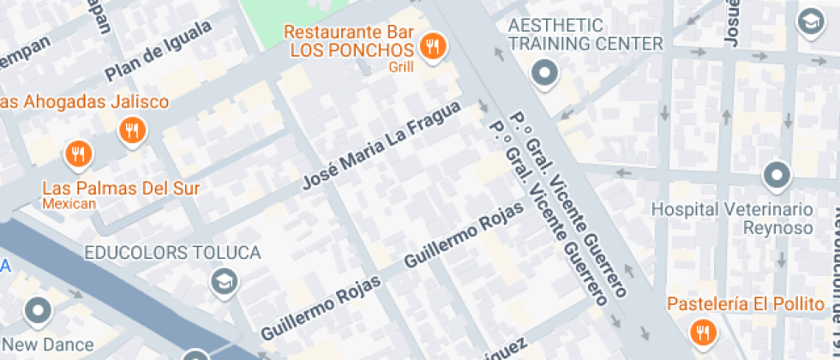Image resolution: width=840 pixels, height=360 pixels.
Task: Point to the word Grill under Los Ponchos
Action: point(401,66)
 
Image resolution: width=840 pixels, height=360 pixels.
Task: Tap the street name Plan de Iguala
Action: point(159,51)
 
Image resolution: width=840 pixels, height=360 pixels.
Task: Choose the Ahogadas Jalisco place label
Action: point(84,102)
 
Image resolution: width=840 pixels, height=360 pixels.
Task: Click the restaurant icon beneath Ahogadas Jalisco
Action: point(132,130)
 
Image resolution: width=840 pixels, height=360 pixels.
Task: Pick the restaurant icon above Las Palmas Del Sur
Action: point(78,154)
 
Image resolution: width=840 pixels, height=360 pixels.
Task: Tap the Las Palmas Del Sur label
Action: point(121,188)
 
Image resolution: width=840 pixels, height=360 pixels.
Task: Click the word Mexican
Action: point(69,204)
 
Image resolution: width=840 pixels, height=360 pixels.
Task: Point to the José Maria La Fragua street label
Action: point(381,146)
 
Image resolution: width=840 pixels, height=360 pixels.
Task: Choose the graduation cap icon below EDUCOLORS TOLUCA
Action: point(225,280)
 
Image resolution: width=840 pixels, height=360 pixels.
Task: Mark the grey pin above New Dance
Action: point(39,311)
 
